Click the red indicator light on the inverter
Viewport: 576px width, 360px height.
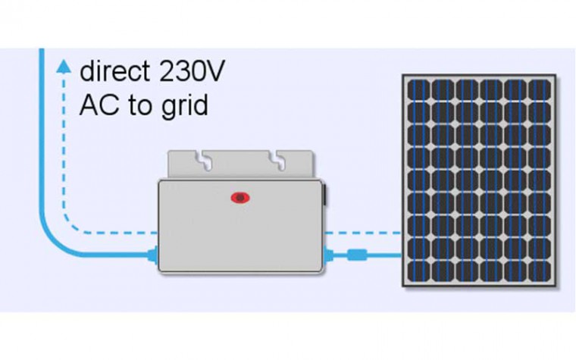(239, 198)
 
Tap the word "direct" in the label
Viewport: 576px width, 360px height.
(114, 72)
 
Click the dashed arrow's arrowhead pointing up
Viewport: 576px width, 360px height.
(64, 67)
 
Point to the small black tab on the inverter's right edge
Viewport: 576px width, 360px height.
(325, 196)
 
